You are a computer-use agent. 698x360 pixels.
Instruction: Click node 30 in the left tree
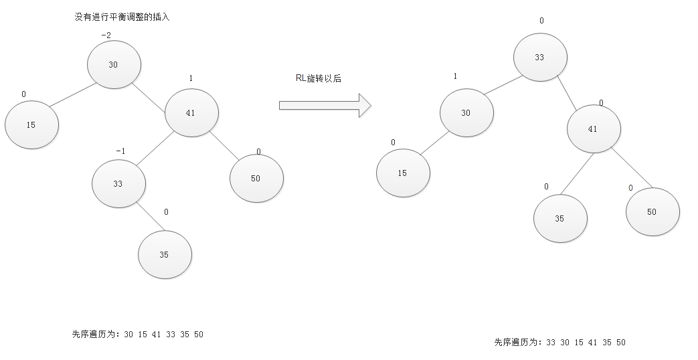114,64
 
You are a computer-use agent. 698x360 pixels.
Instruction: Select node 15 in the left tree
31,125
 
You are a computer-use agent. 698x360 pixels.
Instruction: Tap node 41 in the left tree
191,113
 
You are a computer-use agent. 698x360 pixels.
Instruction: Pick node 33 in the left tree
118,183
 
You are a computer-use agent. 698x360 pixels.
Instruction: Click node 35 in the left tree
165,255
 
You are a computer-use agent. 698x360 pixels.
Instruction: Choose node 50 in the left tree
256,179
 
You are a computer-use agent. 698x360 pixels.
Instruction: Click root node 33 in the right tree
540,58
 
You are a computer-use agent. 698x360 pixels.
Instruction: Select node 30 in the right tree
466,113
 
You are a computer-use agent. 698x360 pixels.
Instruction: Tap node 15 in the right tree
402,173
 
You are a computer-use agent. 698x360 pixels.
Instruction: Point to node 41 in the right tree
593,129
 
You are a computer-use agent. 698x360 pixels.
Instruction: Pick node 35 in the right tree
559,219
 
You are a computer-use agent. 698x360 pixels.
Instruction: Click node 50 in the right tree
652,212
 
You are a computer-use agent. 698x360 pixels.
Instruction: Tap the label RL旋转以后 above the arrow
318,79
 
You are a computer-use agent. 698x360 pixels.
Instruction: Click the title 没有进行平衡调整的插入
122,17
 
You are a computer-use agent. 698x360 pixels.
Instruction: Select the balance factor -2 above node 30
106,35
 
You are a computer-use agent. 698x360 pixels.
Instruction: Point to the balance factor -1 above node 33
120,151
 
